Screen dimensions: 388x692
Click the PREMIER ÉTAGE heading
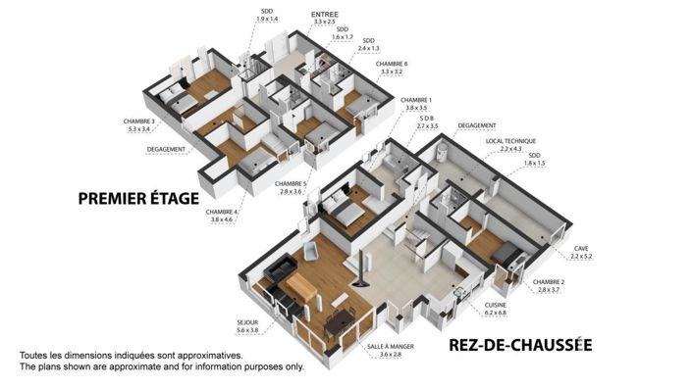click(x=138, y=200)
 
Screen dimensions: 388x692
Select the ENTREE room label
click(x=324, y=15)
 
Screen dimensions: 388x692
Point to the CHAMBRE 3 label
click(x=137, y=121)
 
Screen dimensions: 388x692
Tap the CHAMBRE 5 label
click(x=291, y=183)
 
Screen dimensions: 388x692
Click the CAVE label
click(x=581, y=248)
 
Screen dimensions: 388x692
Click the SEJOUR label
click(x=246, y=322)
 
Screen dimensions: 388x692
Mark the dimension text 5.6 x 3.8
click(x=246, y=331)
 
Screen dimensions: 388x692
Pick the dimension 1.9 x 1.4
click(x=267, y=19)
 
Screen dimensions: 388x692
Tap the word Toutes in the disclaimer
click(x=34, y=356)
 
